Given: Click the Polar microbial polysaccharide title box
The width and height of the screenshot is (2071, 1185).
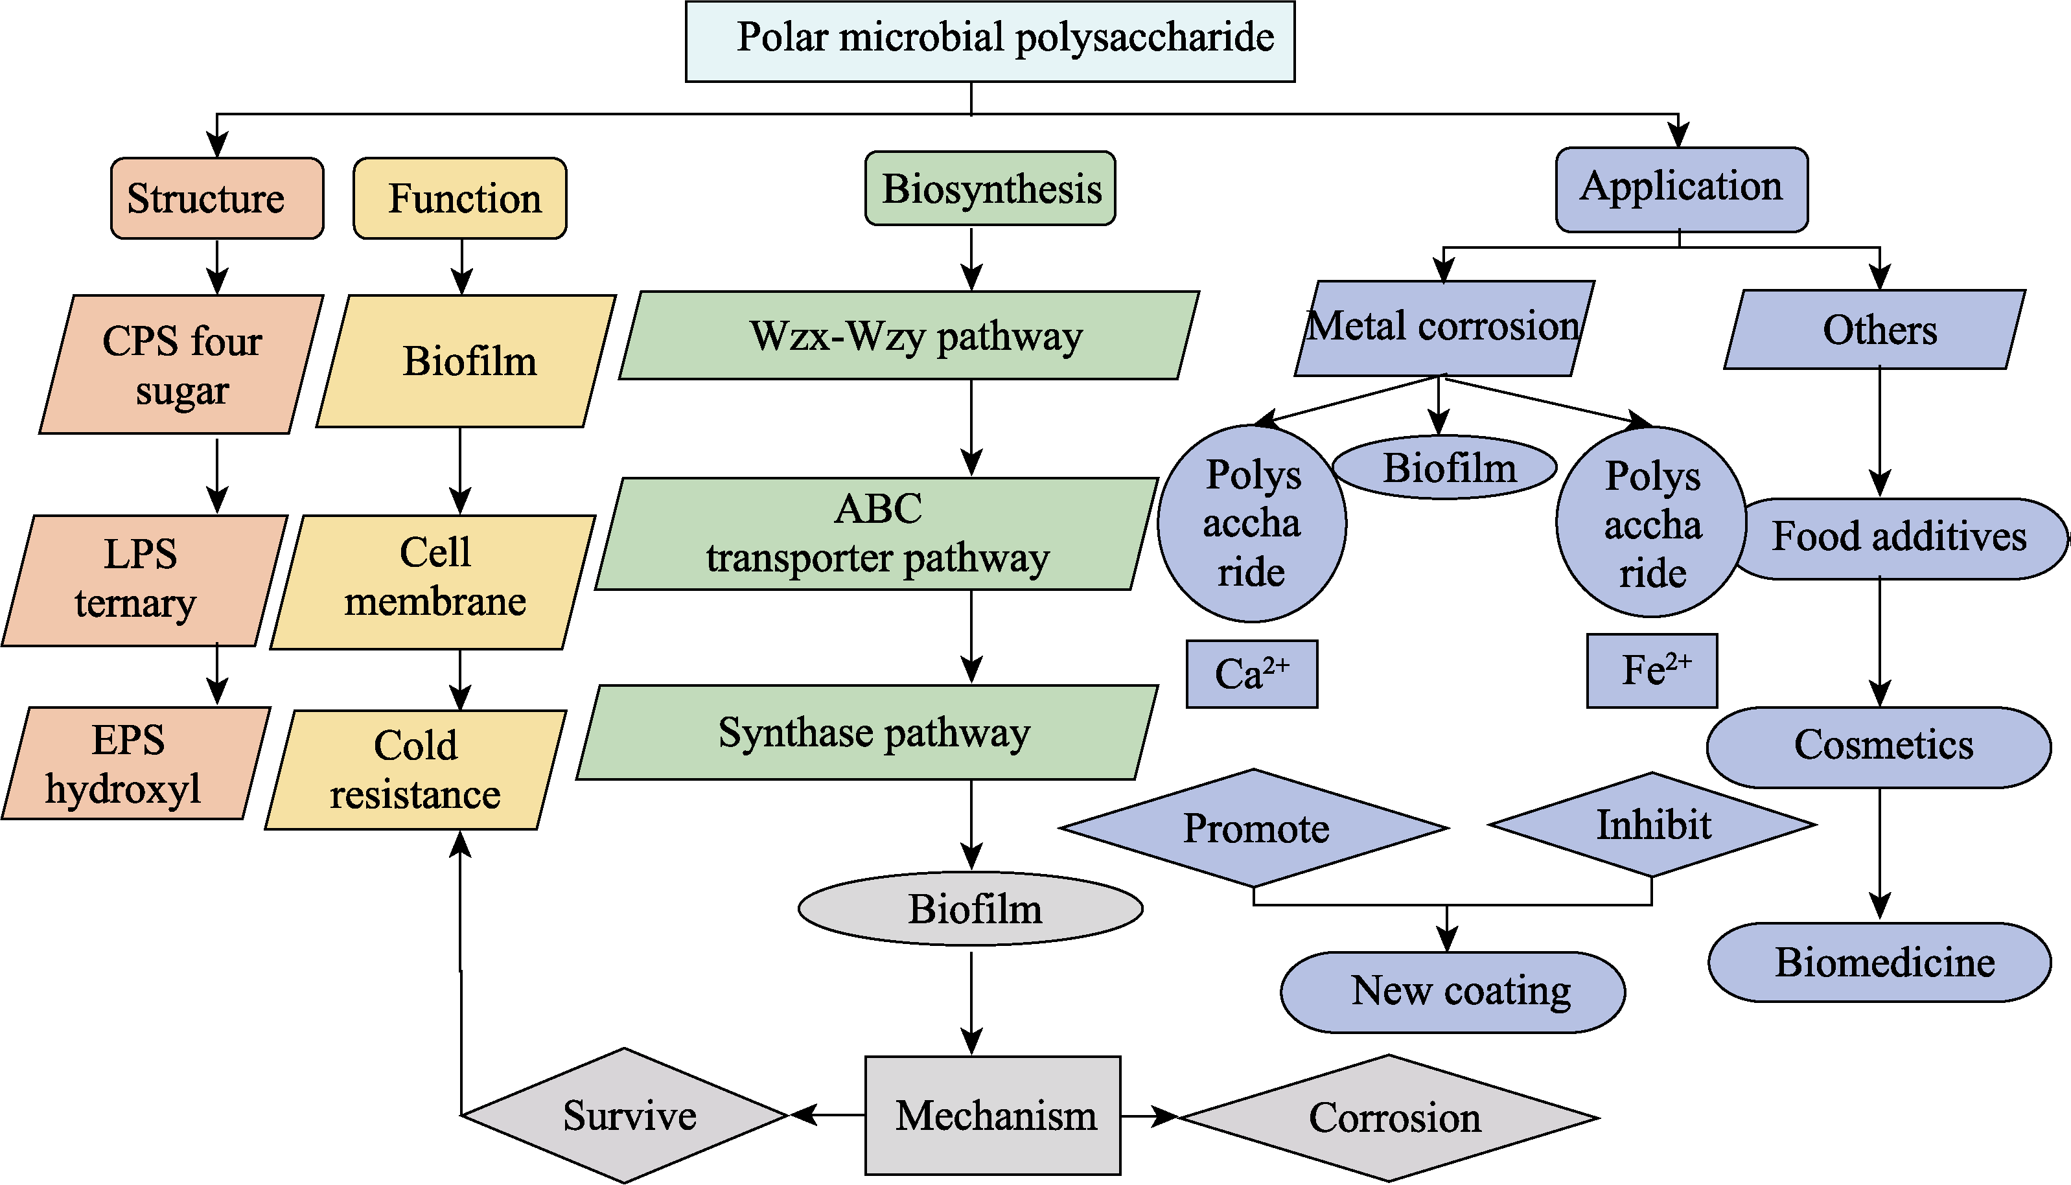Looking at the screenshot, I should [x=989, y=41].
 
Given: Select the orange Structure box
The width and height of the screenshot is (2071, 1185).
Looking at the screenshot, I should [x=216, y=199].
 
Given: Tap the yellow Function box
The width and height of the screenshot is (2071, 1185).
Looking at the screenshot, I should [x=460, y=199].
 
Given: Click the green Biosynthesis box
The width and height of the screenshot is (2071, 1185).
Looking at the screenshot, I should [x=989, y=188].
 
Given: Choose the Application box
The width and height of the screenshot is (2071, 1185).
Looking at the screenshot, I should [x=1681, y=189].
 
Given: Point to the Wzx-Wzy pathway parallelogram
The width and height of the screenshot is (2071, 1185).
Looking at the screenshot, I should [x=909, y=336].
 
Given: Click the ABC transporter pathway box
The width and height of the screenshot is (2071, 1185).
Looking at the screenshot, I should [x=876, y=534].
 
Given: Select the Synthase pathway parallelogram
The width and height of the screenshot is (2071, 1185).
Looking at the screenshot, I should [x=868, y=733].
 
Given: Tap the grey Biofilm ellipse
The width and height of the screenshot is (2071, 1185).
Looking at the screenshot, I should [x=970, y=909].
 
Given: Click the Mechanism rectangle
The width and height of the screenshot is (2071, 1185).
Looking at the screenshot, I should [x=992, y=1115].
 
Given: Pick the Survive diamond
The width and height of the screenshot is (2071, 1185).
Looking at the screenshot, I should [x=625, y=1115].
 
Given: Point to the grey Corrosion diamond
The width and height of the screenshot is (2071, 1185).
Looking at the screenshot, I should [x=1389, y=1118].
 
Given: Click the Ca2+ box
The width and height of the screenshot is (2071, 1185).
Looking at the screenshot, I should [x=1251, y=674].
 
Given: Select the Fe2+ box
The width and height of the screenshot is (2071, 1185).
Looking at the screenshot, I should [x=1652, y=671].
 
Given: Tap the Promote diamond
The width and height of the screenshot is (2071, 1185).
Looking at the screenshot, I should [x=1254, y=829].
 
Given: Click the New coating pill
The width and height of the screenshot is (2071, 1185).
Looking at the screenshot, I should [x=1453, y=992].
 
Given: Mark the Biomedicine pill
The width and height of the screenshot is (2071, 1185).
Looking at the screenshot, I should [x=1879, y=962].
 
